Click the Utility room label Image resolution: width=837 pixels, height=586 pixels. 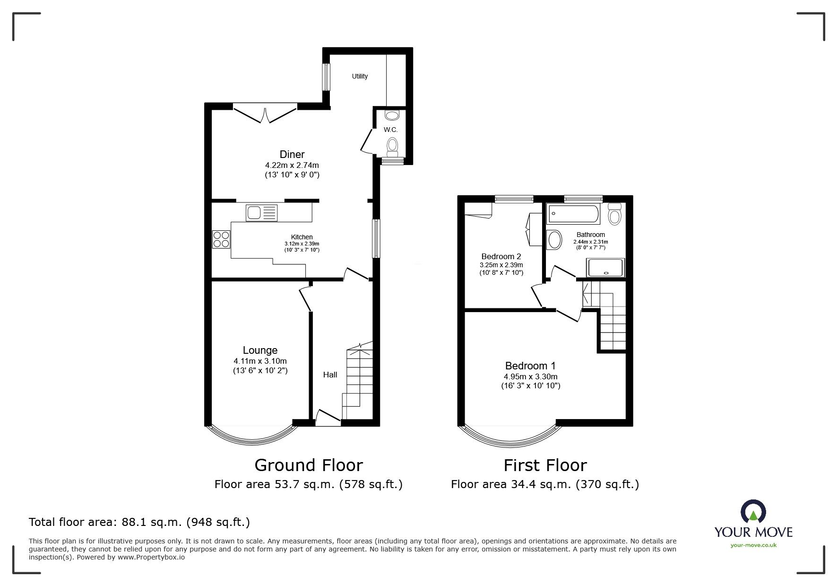[360, 76]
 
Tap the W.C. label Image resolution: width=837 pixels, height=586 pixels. [390, 130]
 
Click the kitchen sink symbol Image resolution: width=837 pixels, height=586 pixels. [261, 212]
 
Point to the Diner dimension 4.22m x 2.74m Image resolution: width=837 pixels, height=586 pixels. [292, 166]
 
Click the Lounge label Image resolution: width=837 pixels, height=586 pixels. [260, 350]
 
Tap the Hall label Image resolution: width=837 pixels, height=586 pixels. [330, 375]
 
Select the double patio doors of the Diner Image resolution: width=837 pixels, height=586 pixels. [265, 114]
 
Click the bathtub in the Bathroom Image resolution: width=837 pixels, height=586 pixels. [573, 214]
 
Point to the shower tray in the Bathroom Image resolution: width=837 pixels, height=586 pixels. [605, 268]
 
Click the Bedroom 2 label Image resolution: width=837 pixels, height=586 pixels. [501, 257]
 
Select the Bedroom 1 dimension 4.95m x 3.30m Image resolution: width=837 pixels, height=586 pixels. [530, 377]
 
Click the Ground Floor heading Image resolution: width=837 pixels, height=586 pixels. [309, 465]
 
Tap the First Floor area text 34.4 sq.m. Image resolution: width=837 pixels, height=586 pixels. [544, 484]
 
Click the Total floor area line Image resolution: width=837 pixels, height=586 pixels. [139, 522]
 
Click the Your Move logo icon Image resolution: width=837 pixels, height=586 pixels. [753, 512]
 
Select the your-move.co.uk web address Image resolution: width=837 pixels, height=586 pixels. [753, 545]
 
